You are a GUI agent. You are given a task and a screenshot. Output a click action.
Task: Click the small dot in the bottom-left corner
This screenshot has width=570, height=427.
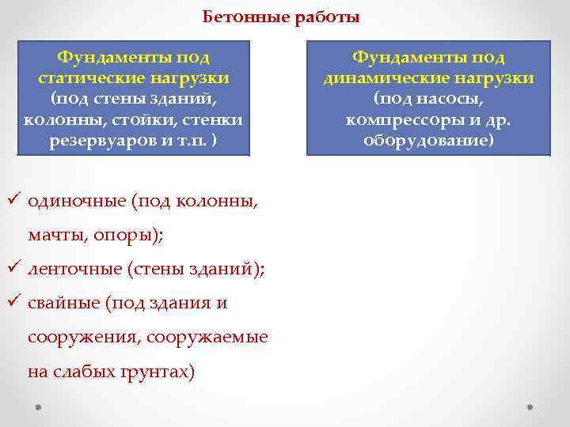coord(37,407)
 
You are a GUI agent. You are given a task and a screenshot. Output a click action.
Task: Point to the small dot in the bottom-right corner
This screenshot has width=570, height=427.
coord(529,407)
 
